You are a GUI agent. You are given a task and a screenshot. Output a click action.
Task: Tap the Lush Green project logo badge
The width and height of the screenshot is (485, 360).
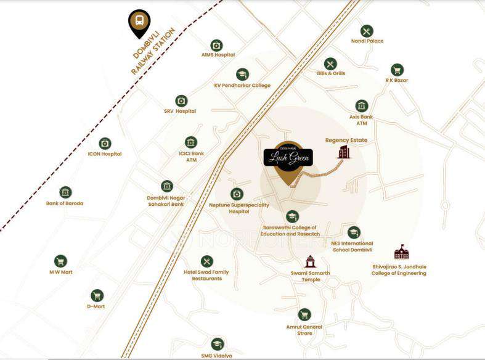pos(288,158)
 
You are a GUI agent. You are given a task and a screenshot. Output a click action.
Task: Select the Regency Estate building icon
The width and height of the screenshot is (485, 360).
pos(344,152)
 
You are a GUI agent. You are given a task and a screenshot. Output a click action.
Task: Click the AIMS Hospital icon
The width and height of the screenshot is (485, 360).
pos(216,45)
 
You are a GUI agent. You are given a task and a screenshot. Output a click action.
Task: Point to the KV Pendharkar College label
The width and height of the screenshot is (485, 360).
pos(242,86)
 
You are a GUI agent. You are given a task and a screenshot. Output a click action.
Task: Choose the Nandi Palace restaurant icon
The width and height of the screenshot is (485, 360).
pos(367,31)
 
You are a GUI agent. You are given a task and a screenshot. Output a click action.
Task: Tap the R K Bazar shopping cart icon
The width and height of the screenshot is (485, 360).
pos(397,70)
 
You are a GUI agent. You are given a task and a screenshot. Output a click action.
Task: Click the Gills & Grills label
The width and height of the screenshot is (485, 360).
pos(330,73)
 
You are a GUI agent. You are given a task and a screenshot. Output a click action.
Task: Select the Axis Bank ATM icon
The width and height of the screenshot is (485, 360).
pos(362,106)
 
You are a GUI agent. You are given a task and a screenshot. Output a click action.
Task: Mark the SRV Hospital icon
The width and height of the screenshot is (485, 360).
pos(181,100)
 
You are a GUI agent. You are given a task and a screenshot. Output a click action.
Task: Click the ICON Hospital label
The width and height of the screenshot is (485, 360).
pos(105,154)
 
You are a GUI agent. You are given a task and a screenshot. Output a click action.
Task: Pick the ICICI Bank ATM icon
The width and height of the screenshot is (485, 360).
pos(191,142)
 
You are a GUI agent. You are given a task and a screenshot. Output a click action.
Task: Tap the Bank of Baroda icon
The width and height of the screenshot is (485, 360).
pos(65,192)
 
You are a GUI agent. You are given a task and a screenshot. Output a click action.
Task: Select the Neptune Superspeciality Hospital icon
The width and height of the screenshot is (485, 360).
pos(237,194)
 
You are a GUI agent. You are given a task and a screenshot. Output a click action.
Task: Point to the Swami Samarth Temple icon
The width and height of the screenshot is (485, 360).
pos(310,261)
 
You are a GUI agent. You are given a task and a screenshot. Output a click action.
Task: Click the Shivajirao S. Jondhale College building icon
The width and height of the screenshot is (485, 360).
pos(401,252)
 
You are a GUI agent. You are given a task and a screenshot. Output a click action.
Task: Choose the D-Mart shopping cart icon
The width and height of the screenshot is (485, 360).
pos(97,295)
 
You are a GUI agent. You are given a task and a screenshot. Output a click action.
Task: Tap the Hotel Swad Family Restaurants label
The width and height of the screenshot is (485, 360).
pos(206,275)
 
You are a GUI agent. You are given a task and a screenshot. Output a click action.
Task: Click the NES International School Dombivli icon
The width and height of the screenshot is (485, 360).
pos(353,232)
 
